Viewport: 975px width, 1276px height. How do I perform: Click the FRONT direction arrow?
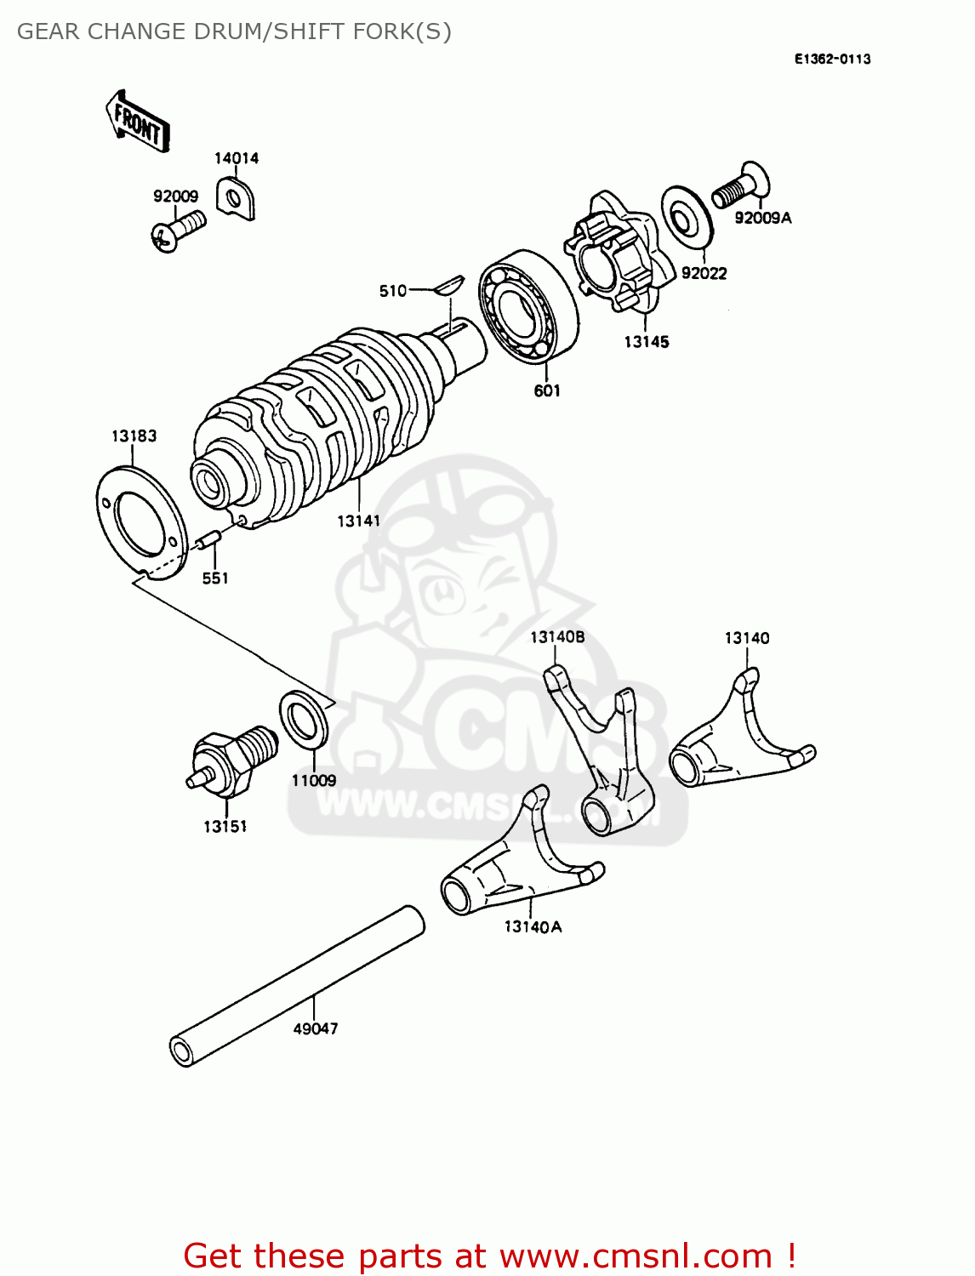138,122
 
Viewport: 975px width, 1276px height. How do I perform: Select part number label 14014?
236,158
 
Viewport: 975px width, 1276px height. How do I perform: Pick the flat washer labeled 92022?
686,216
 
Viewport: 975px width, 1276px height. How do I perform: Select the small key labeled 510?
447,284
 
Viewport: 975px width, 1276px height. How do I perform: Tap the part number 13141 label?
358,521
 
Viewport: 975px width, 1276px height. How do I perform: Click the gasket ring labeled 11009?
304,720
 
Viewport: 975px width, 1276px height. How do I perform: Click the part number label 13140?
746,638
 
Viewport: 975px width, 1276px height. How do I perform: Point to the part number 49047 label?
315,1028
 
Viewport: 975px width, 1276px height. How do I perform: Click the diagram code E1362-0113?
832,59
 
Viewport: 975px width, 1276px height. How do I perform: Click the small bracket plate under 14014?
236,198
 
